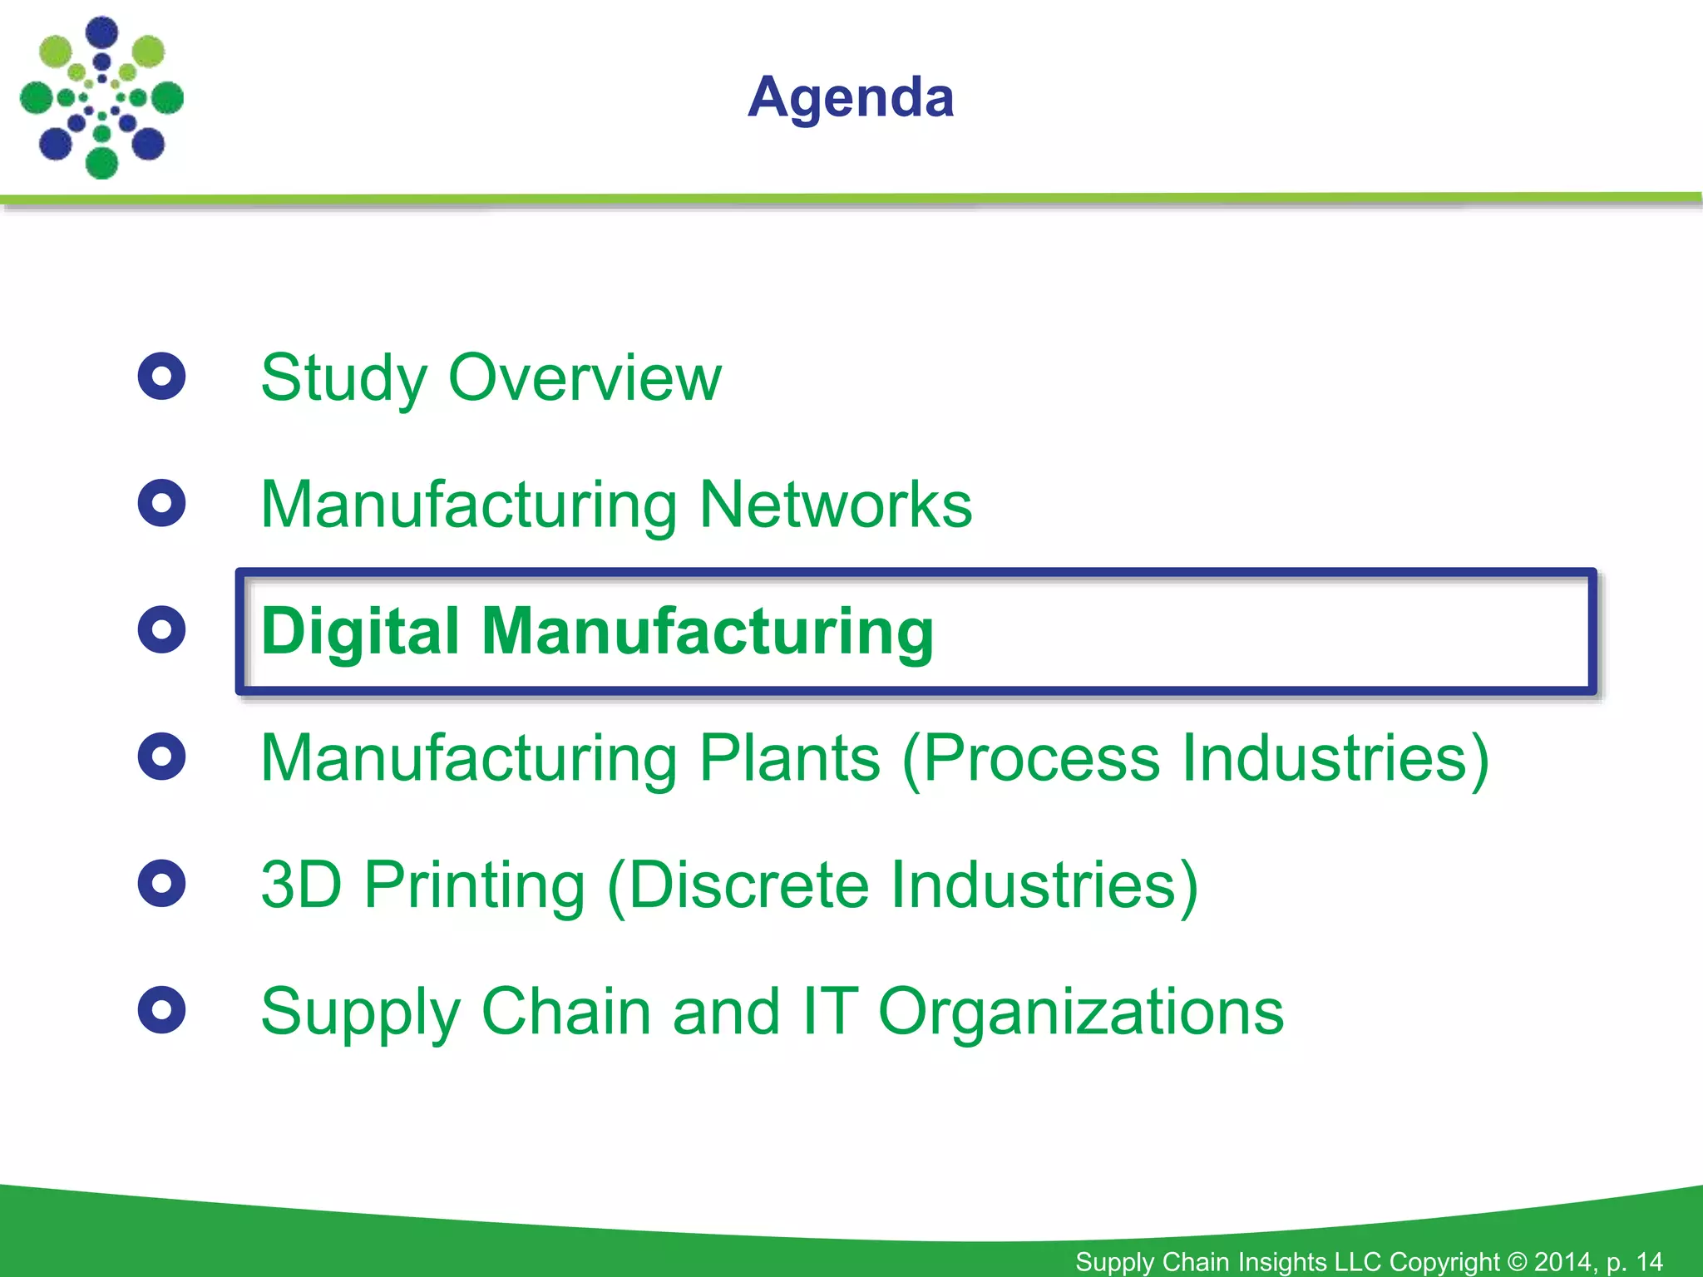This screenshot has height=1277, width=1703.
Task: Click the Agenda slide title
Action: (851, 97)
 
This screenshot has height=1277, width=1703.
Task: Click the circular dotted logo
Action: (101, 97)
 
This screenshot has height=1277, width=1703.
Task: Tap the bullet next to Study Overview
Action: (161, 377)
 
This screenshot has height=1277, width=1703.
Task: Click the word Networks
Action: (835, 505)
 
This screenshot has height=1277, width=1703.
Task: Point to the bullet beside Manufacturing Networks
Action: (161, 503)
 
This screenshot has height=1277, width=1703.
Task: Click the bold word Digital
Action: (360, 631)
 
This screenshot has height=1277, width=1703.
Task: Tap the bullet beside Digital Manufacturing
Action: (161, 630)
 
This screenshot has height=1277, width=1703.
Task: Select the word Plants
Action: (789, 758)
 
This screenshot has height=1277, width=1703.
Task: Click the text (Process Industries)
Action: (1196, 758)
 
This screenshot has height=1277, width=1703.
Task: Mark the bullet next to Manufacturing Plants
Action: (161, 757)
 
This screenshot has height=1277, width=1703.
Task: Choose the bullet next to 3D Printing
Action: (161, 883)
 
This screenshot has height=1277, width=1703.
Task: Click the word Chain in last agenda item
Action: (566, 1011)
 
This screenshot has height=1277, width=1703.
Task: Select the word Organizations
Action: (1080, 1013)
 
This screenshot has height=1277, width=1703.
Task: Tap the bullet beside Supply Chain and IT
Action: (161, 1010)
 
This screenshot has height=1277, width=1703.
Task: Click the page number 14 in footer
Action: (1649, 1261)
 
